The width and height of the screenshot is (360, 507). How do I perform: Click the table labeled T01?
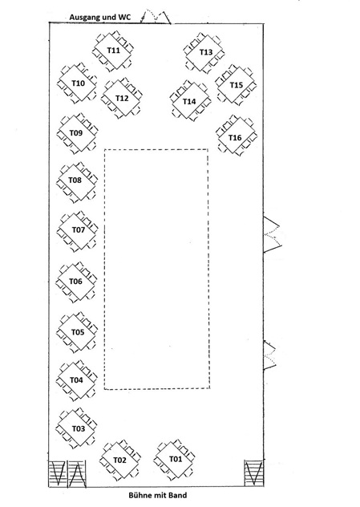coord(175,459)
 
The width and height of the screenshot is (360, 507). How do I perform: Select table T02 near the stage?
coord(119,460)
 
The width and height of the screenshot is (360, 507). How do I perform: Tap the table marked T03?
coord(77,428)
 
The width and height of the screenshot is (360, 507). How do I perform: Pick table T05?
coord(77,332)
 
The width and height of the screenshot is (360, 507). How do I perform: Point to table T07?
coord(78,230)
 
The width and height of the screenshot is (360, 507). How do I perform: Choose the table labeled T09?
coord(77,133)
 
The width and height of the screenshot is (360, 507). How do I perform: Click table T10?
coord(78,83)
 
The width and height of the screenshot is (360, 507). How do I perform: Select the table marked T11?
coord(113,51)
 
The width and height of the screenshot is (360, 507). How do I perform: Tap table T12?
coord(122,98)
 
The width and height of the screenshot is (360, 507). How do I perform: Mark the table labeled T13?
coord(205,52)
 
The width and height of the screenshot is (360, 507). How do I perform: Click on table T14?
coord(190,101)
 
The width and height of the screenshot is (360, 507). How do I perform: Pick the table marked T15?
coord(236,85)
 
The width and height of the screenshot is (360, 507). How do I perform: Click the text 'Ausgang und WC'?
coord(100,17)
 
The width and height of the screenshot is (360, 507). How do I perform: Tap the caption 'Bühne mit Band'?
coord(158,495)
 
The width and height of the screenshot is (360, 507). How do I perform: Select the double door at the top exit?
coord(155,17)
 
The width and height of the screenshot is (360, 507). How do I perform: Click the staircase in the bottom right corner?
coord(253,473)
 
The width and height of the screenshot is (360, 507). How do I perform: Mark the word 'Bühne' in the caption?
coord(140,495)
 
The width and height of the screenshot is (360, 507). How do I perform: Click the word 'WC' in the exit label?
coord(125,17)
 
